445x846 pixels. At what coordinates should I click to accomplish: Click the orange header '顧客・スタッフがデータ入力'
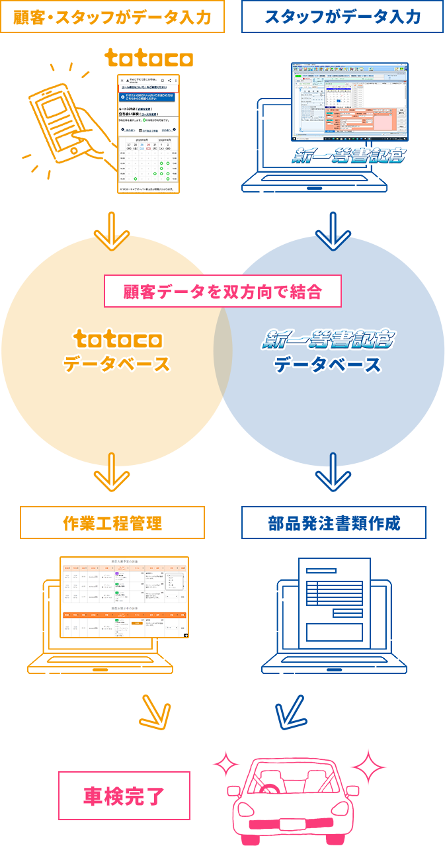coord(112,17)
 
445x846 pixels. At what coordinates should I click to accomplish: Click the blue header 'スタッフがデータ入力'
coord(343,17)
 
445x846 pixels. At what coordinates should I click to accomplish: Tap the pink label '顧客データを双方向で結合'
coord(223,292)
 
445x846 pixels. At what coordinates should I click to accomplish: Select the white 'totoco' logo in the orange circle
coord(117,340)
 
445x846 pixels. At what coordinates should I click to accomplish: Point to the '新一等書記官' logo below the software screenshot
coord(348,156)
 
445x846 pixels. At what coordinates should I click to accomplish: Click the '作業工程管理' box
coord(112,523)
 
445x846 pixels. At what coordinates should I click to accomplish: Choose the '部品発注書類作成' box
coord(334,523)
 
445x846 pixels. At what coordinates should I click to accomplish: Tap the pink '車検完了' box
coord(124,796)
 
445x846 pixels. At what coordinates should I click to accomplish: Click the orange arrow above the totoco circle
coord(112,229)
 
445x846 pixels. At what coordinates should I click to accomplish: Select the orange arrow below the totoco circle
coord(112,473)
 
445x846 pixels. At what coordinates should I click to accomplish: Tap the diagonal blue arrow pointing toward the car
coord(289,712)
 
